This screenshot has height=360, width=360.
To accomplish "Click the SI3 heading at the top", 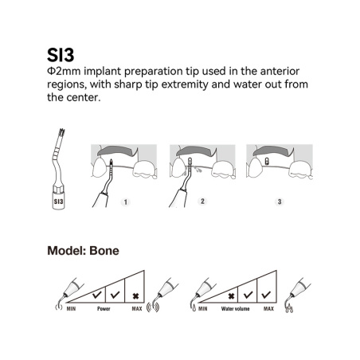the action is click(x=61, y=55).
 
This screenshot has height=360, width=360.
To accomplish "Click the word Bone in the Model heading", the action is click(x=104, y=251).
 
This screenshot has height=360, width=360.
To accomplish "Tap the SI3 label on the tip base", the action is click(x=59, y=202).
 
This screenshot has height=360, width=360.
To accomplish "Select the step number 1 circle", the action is click(x=126, y=202).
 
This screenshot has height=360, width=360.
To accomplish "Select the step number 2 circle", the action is click(x=202, y=202).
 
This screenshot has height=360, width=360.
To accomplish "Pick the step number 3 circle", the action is click(x=280, y=202).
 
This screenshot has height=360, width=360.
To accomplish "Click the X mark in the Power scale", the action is click(x=135, y=295).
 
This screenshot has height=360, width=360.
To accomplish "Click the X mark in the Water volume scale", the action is click(x=231, y=295).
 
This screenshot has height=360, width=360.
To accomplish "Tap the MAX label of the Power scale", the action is click(x=137, y=309).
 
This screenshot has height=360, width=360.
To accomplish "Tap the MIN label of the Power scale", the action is click(x=71, y=309).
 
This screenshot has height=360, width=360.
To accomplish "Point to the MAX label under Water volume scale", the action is click(x=268, y=309).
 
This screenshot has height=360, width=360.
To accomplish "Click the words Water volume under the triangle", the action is click(x=235, y=309).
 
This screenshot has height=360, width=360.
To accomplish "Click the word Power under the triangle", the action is click(x=104, y=309).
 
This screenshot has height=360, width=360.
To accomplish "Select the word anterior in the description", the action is click(x=280, y=71).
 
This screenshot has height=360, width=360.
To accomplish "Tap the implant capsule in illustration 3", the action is click(x=267, y=161).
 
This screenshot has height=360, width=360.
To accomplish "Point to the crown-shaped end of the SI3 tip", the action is click(x=61, y=133).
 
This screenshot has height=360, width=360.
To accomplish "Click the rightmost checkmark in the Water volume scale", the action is click(x=266, y=295).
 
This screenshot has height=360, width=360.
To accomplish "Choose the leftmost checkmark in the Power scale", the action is click(x=96, y=295).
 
